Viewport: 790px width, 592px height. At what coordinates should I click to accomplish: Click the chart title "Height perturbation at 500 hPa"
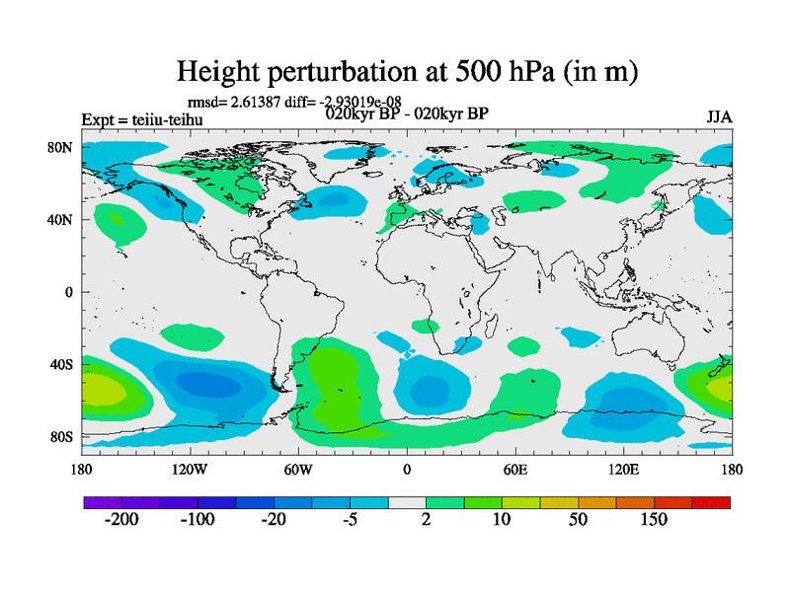pos(406,71)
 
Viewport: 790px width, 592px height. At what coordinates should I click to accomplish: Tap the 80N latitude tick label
pos(62,147)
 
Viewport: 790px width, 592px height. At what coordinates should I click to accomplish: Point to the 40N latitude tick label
pos(62,219)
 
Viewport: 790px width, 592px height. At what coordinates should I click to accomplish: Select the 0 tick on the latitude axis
pos(69,292)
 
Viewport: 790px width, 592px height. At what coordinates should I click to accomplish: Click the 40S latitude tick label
pos(62,364)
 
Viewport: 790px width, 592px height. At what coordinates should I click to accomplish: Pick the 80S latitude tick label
pos(62,436)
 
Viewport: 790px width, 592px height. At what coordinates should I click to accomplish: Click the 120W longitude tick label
pos(190,469)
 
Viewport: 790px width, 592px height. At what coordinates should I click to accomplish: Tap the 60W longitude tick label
pos(298,469)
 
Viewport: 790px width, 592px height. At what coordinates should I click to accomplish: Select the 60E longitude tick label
pos(514,469)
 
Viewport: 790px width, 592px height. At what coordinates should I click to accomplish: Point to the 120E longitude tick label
pos(623,469)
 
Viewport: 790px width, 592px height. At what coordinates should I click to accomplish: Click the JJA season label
pos(719,117)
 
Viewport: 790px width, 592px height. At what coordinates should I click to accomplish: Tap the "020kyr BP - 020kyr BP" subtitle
pos(407,112)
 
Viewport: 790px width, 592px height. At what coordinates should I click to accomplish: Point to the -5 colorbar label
pos(350,520)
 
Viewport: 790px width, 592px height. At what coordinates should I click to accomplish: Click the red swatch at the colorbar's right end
pos(711,503)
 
